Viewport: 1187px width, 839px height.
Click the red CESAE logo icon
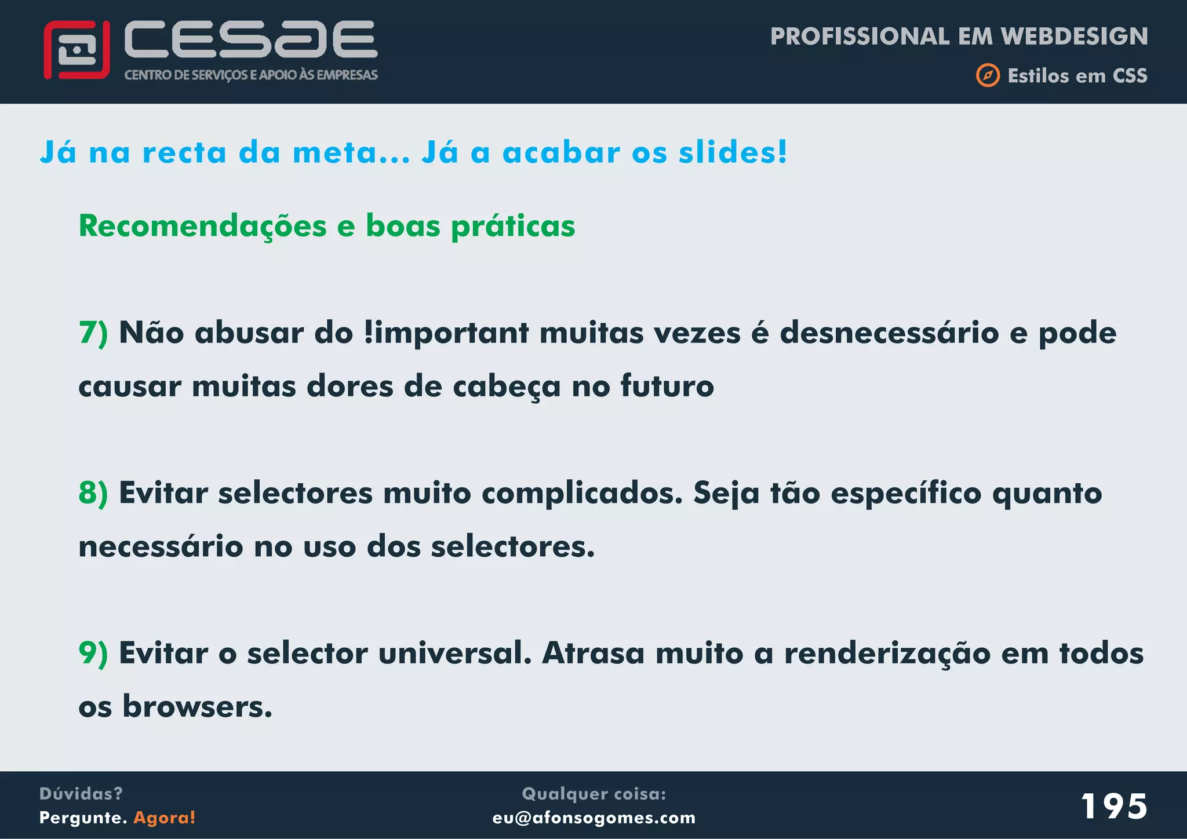tap(77, 50)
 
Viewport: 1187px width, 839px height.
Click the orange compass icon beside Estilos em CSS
tap(988, 76)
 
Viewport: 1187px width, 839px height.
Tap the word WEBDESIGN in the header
tap(1075, 37)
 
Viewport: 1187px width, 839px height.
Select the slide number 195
tap(1113, 806)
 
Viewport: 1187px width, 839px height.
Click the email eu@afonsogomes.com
tap(593, 818)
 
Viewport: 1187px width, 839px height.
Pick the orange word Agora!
tap(165, 818)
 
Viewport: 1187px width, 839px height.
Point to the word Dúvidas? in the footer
tap(81, 794)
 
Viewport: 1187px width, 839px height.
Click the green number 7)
tap(93, 333)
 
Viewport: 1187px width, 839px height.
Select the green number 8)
tap(93, 494)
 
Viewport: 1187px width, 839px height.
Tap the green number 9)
tap(93, 654)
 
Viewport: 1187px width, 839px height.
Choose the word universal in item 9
tap(455, 654)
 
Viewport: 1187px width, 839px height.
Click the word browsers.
tap(197, 707)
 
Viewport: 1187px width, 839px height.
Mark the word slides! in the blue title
tap(733, 153)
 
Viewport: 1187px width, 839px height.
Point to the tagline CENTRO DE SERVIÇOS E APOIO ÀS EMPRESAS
tap(251, 75)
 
